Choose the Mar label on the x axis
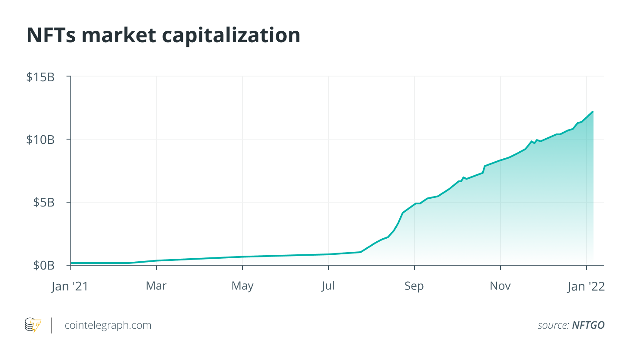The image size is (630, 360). (156, 286)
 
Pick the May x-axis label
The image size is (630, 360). (242, 286)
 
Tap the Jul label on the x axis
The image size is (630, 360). (328, 286)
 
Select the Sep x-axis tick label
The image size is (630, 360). (414, 286)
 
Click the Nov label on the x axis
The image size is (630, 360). (501, 286)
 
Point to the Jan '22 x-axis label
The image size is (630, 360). (587, 286)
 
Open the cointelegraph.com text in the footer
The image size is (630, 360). (108, 325)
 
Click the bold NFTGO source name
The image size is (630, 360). (588, 325)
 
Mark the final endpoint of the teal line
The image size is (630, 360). (593, 112)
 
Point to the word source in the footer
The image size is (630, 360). (552, 325)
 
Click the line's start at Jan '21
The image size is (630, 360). (71, 263)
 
